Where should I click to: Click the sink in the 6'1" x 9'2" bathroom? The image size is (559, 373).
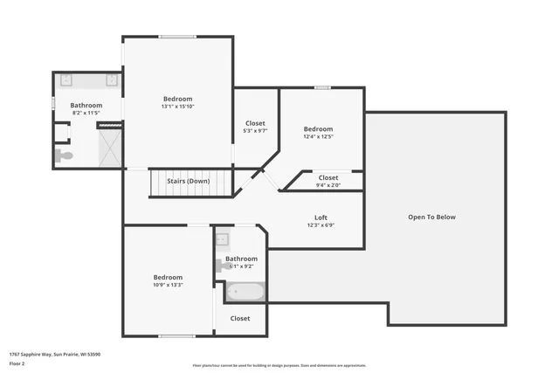point(223,238)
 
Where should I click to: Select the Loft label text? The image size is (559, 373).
point(321,217)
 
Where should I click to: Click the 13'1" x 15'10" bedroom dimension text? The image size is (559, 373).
point(177,107)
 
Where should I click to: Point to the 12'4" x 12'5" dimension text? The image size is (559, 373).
point(318,136)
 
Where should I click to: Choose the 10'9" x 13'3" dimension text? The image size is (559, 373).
point(168,285)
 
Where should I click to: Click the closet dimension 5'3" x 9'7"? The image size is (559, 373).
point(255,131)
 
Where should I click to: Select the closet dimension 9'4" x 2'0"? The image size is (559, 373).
point(328,185)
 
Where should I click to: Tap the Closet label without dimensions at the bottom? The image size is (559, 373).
point(240,319)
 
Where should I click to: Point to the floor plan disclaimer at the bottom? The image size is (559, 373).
point(279,365)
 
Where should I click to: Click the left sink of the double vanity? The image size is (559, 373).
point(66,80)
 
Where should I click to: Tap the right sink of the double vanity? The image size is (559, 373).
point(111,80)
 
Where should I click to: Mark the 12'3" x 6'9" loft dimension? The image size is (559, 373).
point(321,224)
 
